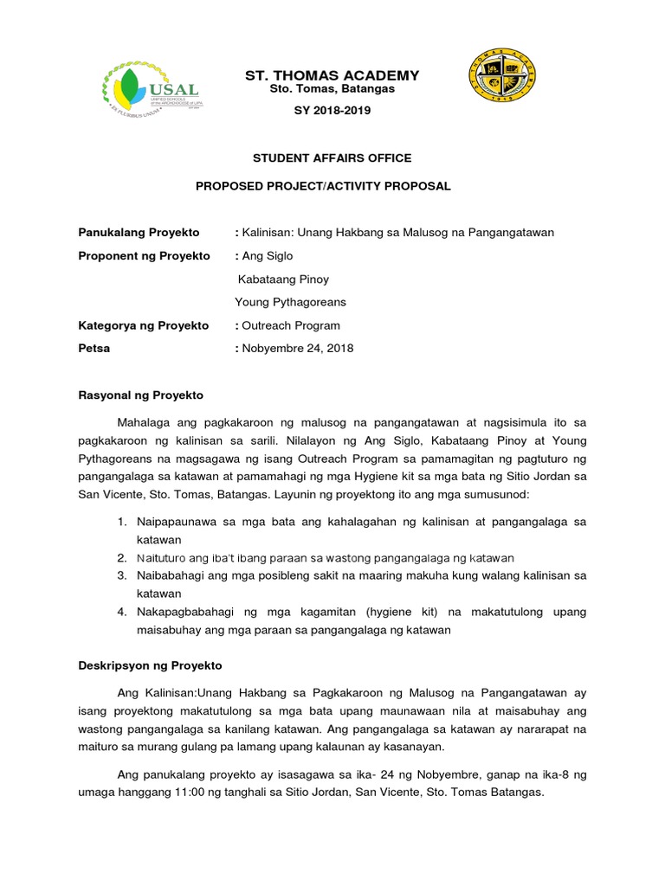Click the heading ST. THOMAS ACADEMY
point(332,75)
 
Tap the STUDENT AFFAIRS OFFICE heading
point(332,158)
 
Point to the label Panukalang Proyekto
point(139,233)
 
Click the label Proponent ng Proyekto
point(145,256)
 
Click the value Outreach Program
point(291,325)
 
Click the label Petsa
point(94,349)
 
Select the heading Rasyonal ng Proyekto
point(140,395)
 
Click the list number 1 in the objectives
point(121,522)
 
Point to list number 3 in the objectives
point(121,575)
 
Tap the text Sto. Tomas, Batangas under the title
point(332,89)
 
